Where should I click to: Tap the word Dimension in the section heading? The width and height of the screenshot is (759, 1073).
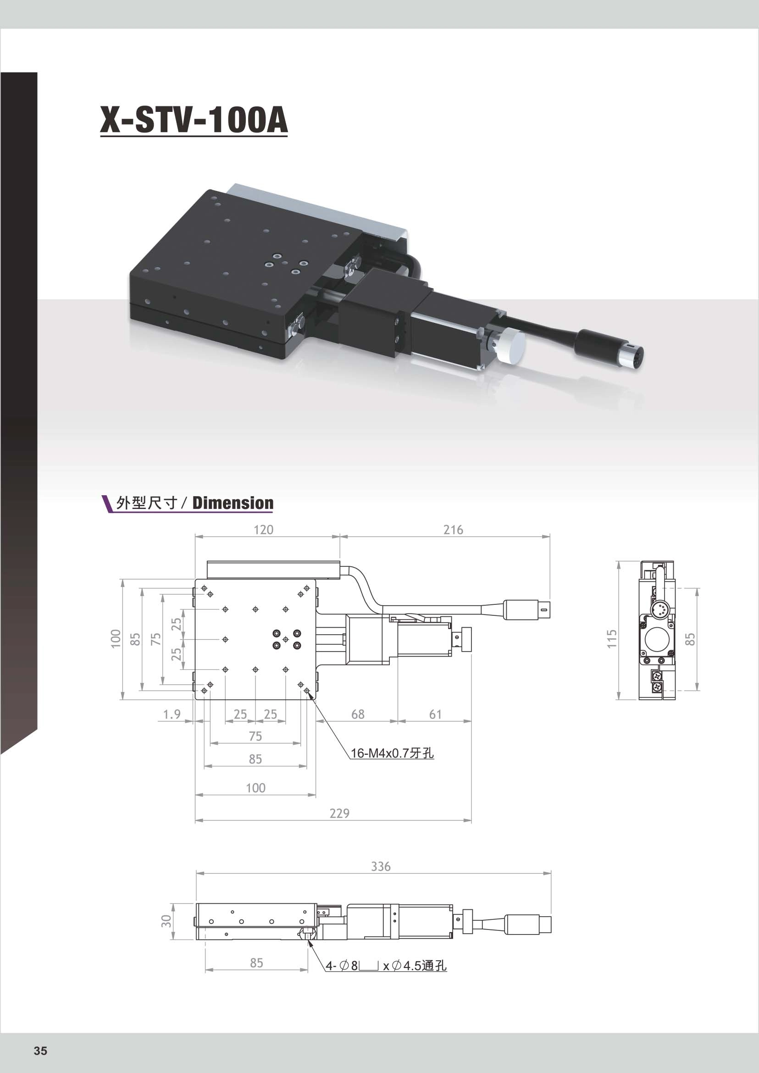pos(233,503)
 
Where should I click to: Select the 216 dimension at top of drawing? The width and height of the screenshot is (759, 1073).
pos(453,530)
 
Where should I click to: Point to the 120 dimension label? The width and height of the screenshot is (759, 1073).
pos(263,530)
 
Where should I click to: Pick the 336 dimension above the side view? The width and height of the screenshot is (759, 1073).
pos(381,867)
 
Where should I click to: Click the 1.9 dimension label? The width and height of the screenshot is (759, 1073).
pos(172,714)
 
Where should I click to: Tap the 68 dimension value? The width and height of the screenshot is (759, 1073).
pos(358,714)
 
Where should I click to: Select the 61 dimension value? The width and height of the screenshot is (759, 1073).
pos(435,714)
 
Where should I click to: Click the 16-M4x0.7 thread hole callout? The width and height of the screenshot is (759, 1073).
pos(392,753)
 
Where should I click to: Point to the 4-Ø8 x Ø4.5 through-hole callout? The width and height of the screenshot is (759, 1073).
pos(386,966)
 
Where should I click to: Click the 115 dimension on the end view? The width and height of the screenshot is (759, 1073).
pos(612,639)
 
